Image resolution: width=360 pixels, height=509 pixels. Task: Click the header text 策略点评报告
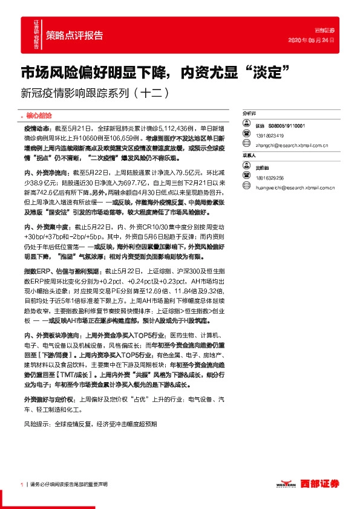point(74,34)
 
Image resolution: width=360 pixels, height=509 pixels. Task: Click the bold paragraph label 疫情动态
point(36,129)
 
